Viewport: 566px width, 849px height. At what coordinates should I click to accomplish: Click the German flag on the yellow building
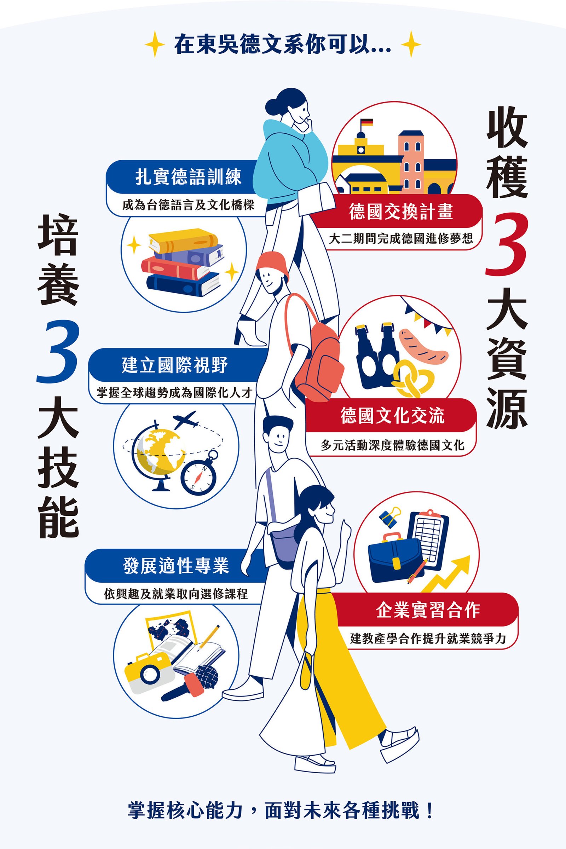pos(367,122)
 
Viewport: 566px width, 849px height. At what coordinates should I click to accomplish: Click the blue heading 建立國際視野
pos(175,365)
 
